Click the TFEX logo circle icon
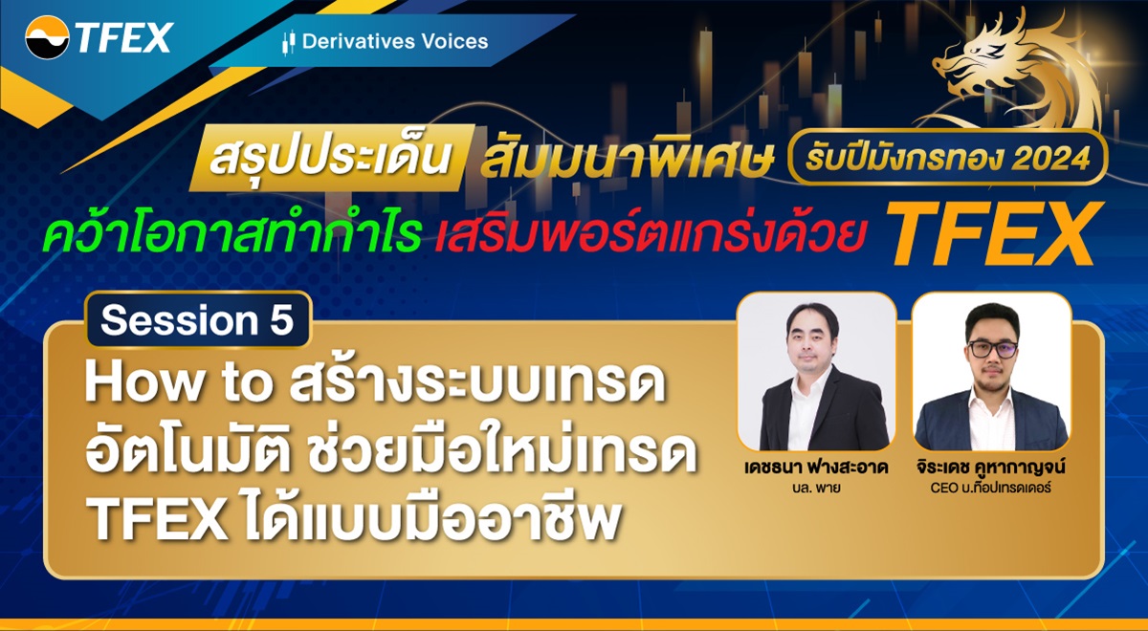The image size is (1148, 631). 48,38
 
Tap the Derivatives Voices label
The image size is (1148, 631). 394,41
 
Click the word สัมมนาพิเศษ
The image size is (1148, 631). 627,161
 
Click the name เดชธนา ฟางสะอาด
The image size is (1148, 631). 816,471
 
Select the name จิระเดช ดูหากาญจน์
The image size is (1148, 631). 991,472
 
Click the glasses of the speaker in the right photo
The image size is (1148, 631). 991,349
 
